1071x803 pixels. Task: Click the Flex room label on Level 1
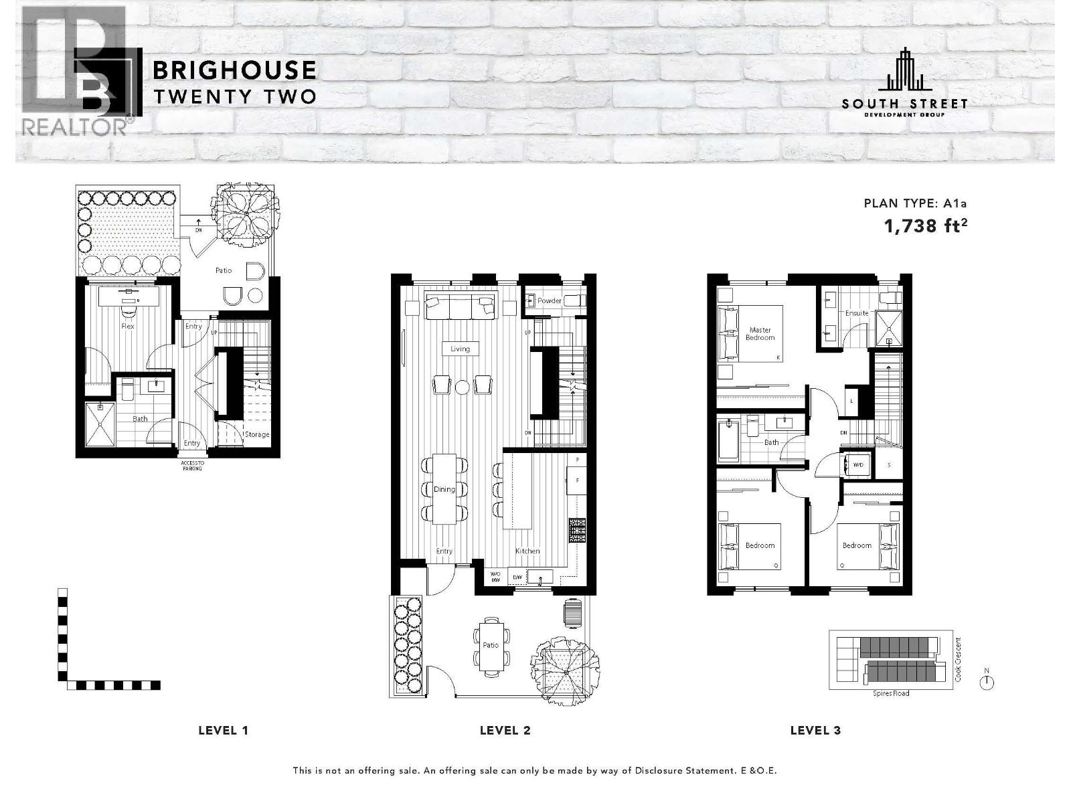127,327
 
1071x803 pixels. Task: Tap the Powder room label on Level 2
550,301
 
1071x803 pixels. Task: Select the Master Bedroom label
760,334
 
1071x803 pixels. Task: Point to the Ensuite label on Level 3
857,313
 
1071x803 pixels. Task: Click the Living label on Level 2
460,349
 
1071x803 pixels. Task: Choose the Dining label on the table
444,489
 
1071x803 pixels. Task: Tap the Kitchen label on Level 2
527,551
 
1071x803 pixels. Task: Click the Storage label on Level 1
257,435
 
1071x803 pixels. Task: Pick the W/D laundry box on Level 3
857,464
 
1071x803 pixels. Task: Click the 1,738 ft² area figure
926,226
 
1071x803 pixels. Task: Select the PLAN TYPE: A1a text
916,203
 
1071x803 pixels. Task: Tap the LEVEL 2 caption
505,730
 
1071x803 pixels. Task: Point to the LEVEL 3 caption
815,730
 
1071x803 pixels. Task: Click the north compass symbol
987,682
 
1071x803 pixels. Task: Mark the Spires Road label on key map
891,693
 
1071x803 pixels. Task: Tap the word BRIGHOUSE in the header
235,70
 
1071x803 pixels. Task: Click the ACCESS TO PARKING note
191,465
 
